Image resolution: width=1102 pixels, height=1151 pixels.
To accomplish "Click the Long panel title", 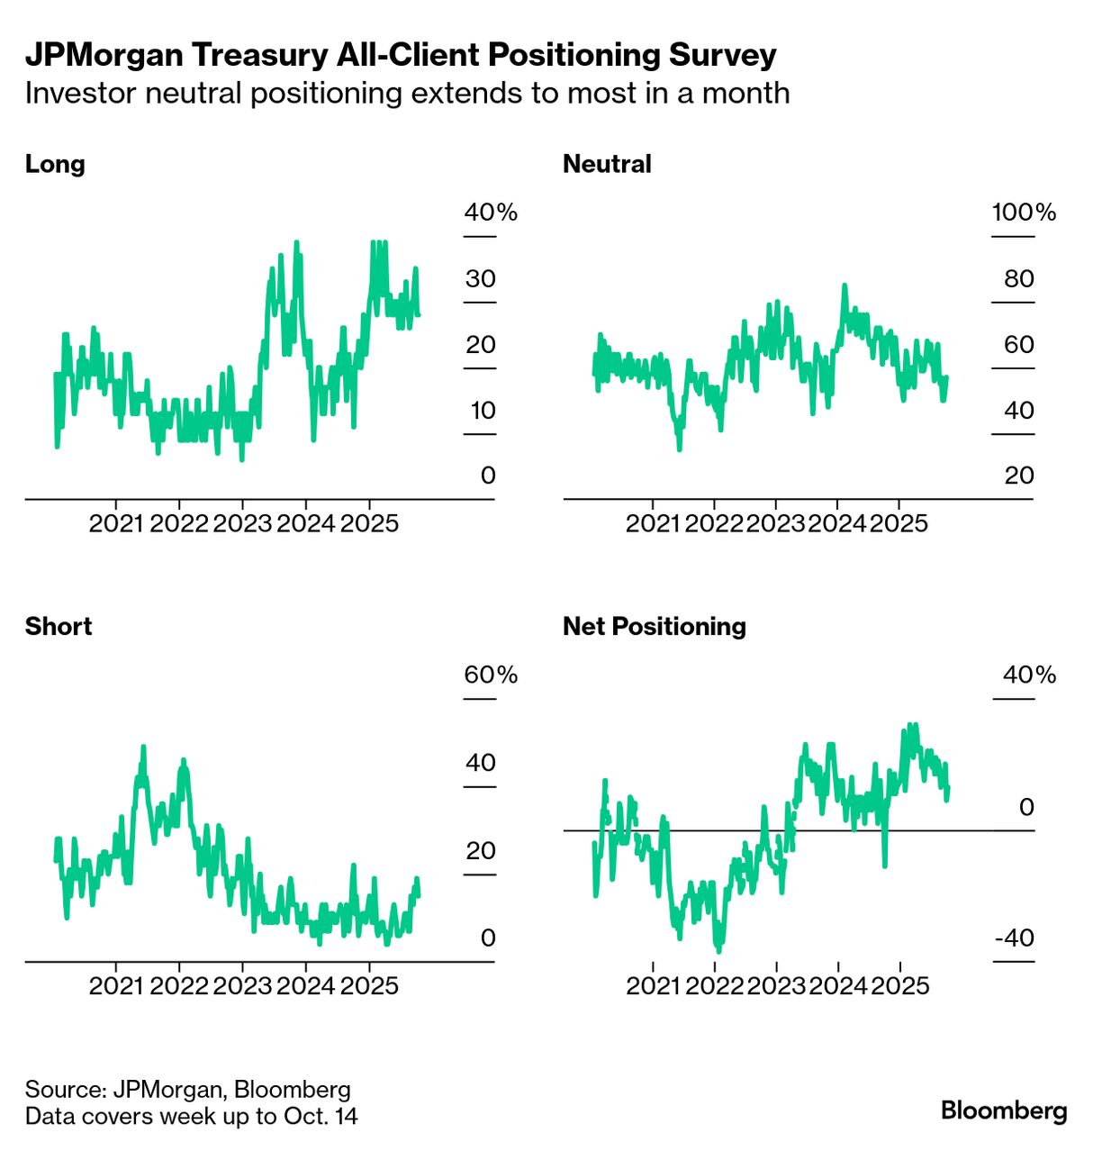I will point(55,164).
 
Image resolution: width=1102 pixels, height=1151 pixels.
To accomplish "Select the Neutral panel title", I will point(607,164).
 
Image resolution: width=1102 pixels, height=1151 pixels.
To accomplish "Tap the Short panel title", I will point(59,626).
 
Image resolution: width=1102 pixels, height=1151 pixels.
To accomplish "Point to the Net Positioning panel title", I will point(655,626).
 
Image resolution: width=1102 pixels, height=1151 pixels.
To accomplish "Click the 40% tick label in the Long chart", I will point(491,213).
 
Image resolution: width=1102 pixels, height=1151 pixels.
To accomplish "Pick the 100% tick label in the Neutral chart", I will point(1024,213).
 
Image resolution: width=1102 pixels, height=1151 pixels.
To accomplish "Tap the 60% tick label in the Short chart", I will point(491,675).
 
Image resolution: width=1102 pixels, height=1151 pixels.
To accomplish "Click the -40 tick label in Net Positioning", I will point(1015,938).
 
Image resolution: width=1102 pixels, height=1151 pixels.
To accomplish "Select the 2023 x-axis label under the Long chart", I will point(242,523).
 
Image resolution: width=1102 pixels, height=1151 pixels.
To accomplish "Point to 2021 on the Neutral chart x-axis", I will point(653,523).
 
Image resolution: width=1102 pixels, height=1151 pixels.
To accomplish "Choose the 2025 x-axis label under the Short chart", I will point(369,985).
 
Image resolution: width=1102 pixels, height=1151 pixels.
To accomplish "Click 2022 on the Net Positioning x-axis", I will point(714,985).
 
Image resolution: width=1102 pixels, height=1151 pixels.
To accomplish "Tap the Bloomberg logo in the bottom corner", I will point(1004,1110).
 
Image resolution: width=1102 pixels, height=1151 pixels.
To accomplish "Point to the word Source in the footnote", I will point(64,1090).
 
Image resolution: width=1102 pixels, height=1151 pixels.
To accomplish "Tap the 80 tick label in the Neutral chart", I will point(1019,278).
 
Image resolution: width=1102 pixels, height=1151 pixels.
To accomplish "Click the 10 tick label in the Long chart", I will point(483,411).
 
